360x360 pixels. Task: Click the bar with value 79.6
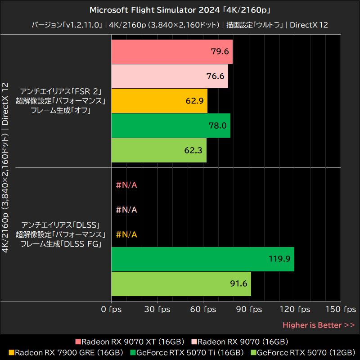click(x=171, y=52)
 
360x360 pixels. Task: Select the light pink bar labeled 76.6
click(x=169, y=76)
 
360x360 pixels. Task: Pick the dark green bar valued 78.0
click(x=171, y=126)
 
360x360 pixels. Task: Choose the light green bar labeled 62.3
click(x=158, y=150)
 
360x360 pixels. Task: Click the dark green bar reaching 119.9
click(x=202, y=259)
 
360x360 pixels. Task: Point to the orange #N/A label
click(x=126, y=234)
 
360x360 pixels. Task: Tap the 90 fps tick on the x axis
click(x=249, y=310)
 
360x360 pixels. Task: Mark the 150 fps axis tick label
click(x=341, y=310)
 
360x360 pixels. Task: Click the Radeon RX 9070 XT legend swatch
click(x=78, y=342)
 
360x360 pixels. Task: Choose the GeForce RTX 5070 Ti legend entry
click(x=187, y=352)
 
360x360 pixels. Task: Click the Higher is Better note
click(x=318, y=325)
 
